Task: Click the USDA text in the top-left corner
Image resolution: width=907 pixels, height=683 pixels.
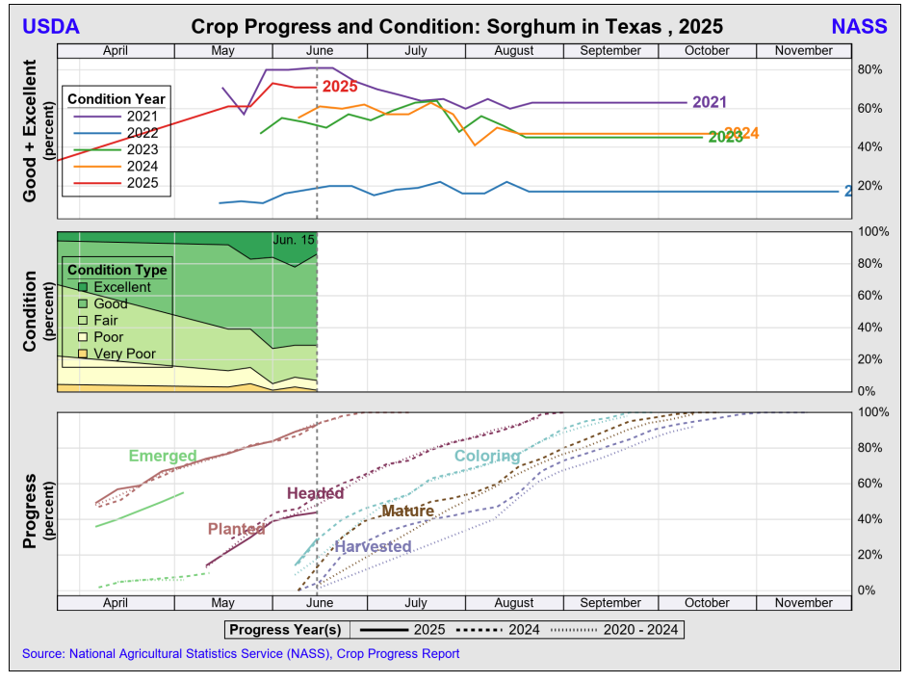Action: [51, 26]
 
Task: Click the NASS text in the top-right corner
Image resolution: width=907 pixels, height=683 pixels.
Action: [859, 26]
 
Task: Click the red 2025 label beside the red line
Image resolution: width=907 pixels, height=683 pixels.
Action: [340, 87]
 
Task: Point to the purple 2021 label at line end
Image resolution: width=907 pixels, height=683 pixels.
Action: [709, 102]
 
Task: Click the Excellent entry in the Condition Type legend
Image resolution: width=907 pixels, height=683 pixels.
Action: [121, 287]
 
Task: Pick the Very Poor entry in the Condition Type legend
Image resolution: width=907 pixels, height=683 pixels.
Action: [124, 354]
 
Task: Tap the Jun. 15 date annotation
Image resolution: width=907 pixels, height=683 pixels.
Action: [294, 239]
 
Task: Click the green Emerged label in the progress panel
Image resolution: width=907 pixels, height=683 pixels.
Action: [163, 456]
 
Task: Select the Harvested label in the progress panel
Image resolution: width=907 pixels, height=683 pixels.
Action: [373, 546]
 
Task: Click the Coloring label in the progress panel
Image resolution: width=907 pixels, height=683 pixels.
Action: [487, 456]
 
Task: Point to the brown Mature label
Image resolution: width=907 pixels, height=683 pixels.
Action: [407, 511]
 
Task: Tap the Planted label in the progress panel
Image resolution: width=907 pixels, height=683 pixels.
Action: [237, 529]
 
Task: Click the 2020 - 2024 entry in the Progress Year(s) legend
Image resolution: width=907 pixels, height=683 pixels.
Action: [640, 630]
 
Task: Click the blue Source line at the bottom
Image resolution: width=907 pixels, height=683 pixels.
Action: [241, 653]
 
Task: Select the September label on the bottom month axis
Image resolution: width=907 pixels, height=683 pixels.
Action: [611, 603]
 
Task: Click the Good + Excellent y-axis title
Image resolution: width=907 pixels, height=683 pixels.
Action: [30, 131]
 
